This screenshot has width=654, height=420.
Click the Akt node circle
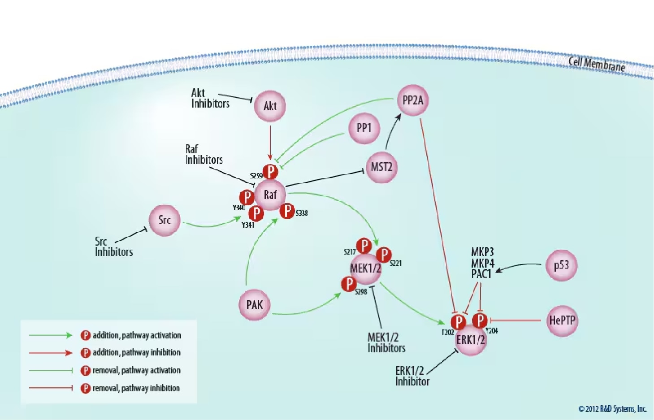click(270, 106)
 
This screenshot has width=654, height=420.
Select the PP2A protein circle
click(412, 100)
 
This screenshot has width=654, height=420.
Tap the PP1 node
click(364, 128)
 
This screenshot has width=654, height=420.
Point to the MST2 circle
click(381, 168)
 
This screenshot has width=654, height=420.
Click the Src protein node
click(165, 220)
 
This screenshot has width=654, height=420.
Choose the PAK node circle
click(255, 305)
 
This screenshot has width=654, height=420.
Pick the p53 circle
click(561, 265)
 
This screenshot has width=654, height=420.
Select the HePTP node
click(562, 320)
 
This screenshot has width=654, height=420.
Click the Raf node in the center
click(270, 195)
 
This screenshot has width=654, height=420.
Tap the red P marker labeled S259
click(270, 172)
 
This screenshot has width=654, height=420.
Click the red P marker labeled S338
click(287, 211)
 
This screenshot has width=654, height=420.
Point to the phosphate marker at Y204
click(480, 320)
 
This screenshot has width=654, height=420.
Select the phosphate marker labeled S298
click(349, 284)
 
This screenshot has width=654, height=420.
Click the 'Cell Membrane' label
click(597, 64)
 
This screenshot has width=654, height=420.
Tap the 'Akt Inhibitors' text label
click(210, 98)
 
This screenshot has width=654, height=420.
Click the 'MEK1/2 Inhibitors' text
click(386, 342)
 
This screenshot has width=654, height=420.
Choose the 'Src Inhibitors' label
click(113, 247)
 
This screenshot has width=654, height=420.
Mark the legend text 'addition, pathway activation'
click(136, 335)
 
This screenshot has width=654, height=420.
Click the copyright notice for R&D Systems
click(612, 409)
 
